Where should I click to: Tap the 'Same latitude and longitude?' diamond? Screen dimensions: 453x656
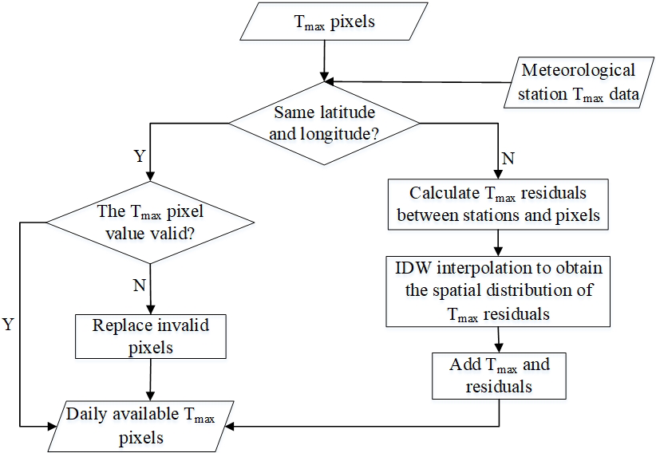click(x=323, y=123)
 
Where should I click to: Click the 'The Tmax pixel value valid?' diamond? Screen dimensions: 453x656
click(x=150, y=222)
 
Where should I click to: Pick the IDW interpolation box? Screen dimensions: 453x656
click(x=499, y=290)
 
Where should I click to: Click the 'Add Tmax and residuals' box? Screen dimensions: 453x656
click(x=499, y=376)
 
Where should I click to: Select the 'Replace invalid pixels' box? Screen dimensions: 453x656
click(x=149, y=336)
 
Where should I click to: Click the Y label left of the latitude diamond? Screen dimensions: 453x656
click(x=140, y=156)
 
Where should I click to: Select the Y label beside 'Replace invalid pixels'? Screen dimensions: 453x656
click(x=8, y=325)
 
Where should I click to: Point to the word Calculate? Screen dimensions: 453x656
click(x=441, y=193)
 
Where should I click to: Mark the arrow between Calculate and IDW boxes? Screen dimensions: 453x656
click(x=498, y=239)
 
